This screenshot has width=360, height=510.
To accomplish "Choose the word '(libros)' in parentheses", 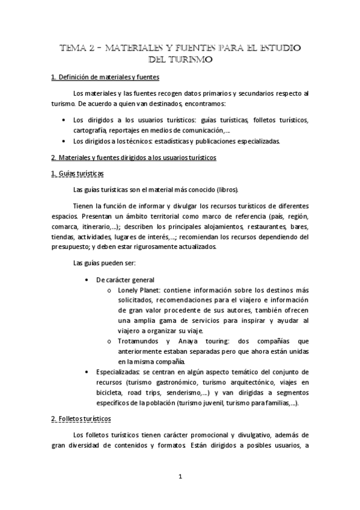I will (226, 189).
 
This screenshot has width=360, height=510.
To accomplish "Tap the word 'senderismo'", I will (205, 393).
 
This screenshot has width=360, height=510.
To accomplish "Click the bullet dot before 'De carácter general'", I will (88, 279).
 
